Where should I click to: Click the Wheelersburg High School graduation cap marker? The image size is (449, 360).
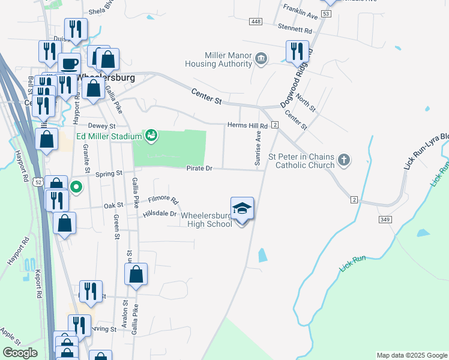point(242,209)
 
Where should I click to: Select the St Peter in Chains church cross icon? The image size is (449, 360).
point(343,160)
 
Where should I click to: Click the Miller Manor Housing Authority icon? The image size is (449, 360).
point(261,58)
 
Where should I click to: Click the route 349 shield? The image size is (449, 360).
point(385,220)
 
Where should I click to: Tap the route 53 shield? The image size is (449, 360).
point(326,13)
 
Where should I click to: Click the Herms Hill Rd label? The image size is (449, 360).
point(247,125)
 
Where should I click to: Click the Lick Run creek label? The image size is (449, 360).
point(354,262)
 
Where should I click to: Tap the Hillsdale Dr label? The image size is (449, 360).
point(160,213)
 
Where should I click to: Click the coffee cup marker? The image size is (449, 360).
point(69,63)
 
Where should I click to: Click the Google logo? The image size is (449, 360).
point(20,353)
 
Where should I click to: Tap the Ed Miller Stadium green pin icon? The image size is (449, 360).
point(151,136)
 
